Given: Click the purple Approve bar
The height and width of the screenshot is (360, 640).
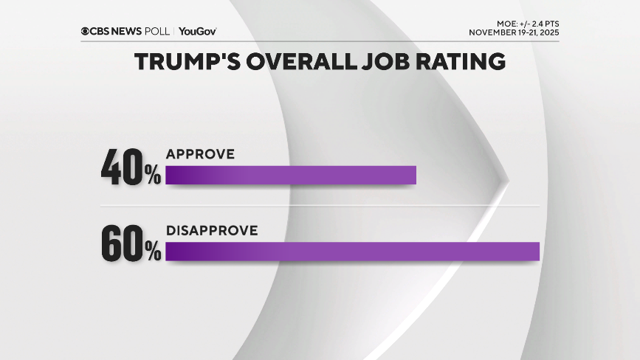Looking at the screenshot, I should pos(291,175).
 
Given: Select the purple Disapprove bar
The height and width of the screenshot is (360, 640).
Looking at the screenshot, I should pos(353,251).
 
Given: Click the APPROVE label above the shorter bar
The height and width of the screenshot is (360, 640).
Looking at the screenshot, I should pos(200,154).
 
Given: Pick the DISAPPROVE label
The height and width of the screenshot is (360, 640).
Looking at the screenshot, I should pos(212,230).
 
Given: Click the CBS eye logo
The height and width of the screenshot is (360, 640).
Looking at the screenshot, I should pos(86,31).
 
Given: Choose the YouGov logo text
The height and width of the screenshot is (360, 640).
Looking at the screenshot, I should pos(197,31).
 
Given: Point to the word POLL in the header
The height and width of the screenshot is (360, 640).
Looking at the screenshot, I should pos(159,31).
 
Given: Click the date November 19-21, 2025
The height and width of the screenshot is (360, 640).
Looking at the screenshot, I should pos(514,32).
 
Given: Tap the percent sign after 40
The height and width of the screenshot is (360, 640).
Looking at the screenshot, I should pos(153,176).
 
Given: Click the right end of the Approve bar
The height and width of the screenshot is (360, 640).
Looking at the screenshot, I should pos(413,175).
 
